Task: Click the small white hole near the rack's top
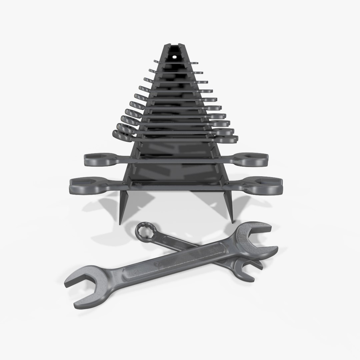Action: [174, 56]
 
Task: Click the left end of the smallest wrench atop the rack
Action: [156, 62]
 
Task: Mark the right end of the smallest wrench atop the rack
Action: [195, 63]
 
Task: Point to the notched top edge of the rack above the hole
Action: [174, 46]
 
